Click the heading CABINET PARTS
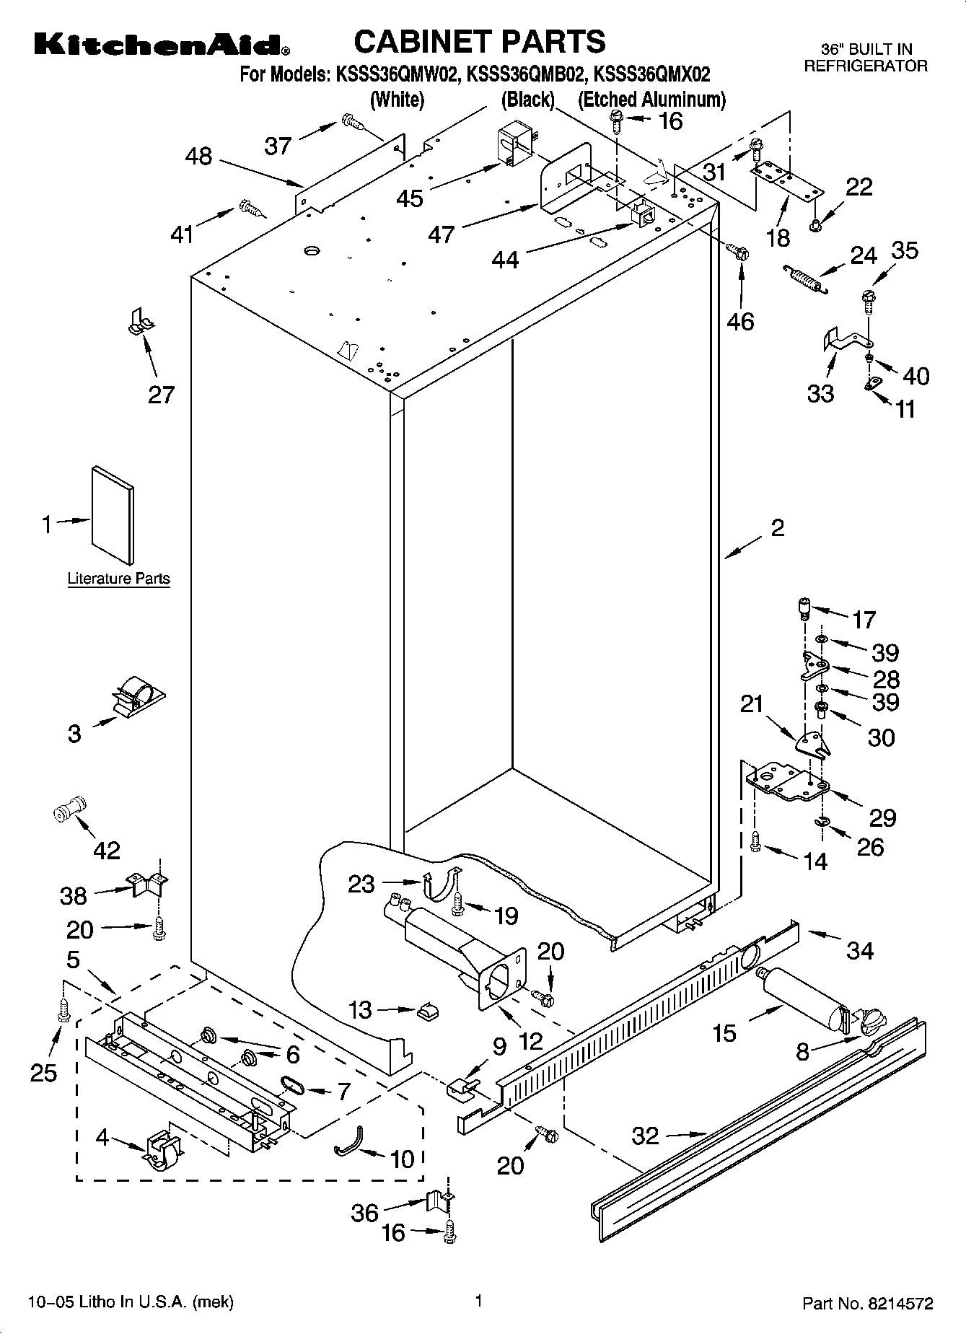point(479,41)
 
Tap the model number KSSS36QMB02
point(524,74)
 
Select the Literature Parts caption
point(118,579)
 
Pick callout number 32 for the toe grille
point(645,1136)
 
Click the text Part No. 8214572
point(868,1304)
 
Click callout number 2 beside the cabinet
point(777,528)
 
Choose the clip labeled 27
point(140,322)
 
